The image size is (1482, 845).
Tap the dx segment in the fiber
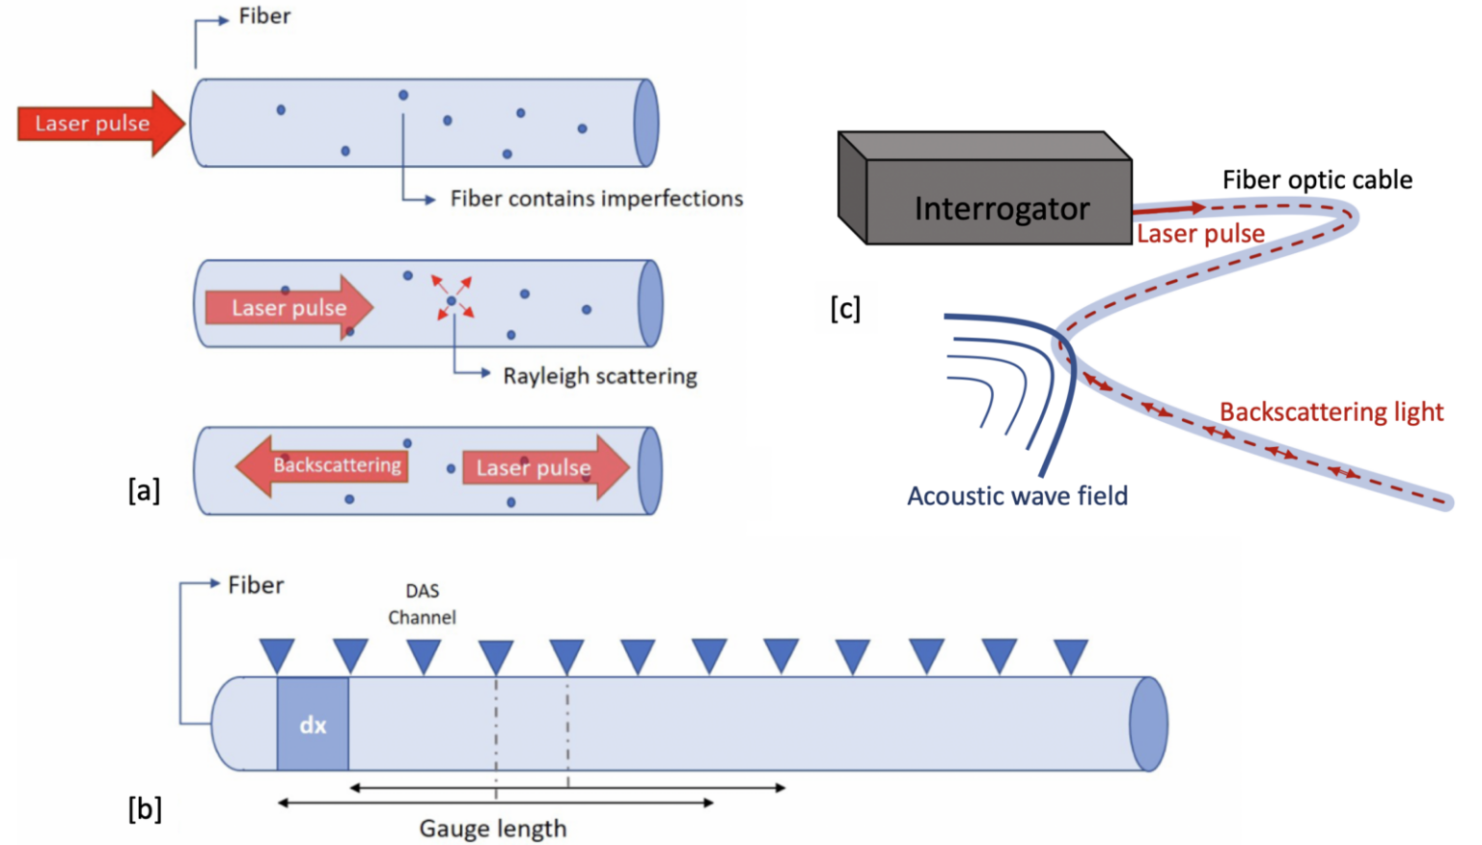click(313, 724)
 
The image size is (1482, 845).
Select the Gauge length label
click(492, 829)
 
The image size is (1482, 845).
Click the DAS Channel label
click(422, 604)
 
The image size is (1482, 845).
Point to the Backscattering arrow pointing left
click(322, 465)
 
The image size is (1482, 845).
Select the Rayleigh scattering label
click(599, 376)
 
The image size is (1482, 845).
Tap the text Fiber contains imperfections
click(596, 199)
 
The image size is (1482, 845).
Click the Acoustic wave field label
click(1017, 495)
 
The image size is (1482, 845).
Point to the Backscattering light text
click(1331, 412)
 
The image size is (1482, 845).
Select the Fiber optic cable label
click(1317, 180)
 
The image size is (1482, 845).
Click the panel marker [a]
click(144, 491)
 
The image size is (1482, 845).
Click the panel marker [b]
click(145, 808)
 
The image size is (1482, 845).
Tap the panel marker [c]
click(845, 309)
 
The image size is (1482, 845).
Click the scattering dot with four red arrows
click(452, 300)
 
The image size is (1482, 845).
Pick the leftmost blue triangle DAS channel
click(277, 655)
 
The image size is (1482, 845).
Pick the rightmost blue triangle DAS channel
click(1071, 655)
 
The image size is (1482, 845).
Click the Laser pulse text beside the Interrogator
click(1200, 234)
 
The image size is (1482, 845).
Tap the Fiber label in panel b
click(256, 585)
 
